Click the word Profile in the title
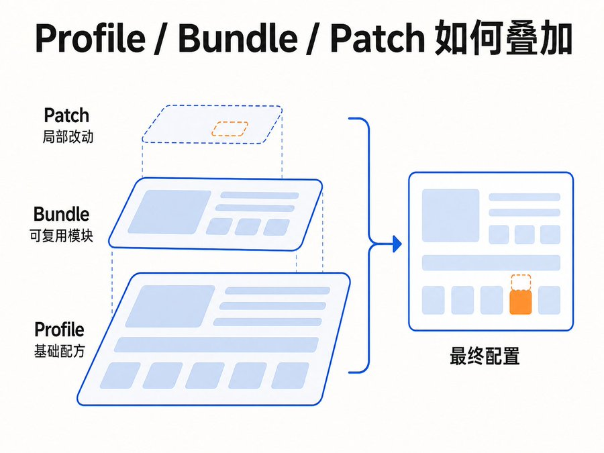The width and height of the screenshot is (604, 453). [x=91, y=38]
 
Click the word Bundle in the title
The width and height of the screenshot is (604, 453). [x=238, y=38]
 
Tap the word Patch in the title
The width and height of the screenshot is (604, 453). [x=377, y=38]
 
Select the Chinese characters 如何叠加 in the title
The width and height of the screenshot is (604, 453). [x=503, y=38]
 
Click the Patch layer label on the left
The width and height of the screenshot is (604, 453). [x=66, y=115]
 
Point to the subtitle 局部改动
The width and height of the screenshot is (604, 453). [x=68, y=137]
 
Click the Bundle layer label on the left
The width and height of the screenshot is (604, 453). [x=62, y=214]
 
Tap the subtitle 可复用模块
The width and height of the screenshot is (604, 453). [x=62, y=236]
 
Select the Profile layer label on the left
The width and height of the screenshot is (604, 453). [x=59, y=330]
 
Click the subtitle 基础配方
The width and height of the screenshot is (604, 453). [x=59, y=351]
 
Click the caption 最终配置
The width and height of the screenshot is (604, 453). [x=485, y=356]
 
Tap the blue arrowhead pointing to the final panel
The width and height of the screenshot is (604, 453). [x=397, y=244]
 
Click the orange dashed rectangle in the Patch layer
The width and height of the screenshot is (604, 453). [x=230, y=129]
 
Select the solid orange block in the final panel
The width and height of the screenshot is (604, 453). [x=520, y=302]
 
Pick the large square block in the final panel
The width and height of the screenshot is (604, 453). [x=451, y=215]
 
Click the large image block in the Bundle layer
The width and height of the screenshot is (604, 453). [x=170, y=212]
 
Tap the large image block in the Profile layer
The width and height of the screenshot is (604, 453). [x=170, y=306]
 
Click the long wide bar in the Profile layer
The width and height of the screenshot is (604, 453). [x=216, y=345]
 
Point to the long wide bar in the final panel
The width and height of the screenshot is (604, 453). [x=491, y=262]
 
